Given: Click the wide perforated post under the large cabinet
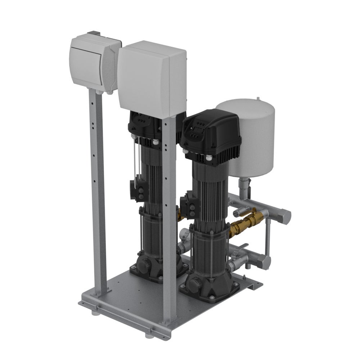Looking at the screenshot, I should coord(169,216).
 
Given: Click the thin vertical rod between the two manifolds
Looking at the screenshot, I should coord(267,238).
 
